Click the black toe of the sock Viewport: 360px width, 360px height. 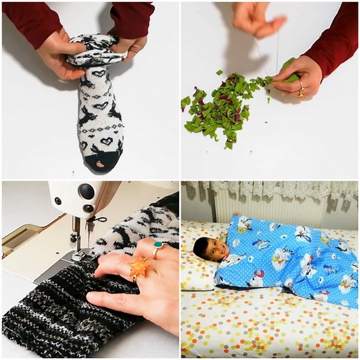click(x=100, y=163)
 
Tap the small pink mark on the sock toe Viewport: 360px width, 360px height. click(x=101, y=164)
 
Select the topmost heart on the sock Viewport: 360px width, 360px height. click(x=100, y=73)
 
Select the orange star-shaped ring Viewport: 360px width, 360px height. click(x=138, y=267)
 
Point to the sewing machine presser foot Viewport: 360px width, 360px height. click(x=78, y=253)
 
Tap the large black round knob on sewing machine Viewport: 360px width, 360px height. click(x=87, y=192)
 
